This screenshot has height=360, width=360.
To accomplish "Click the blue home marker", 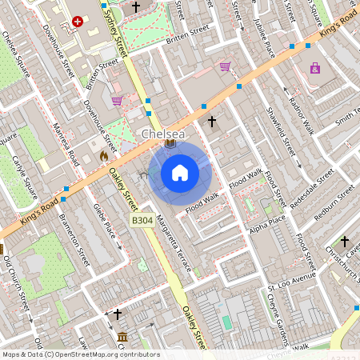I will [x=180, y=173].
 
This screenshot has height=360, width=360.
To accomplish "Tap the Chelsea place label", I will [x=163, y=135].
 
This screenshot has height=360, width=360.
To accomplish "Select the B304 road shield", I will [x=142, y=220].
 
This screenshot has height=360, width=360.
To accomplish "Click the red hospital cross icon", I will [x=78, y=22].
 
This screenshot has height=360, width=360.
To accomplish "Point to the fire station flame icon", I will [x=103, y=158].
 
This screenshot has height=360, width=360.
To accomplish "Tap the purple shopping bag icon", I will [x=315, y=68].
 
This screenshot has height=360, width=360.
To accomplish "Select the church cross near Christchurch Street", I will [x=345, y=241].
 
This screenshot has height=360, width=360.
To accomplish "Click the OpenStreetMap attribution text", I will [x=80, y=354].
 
